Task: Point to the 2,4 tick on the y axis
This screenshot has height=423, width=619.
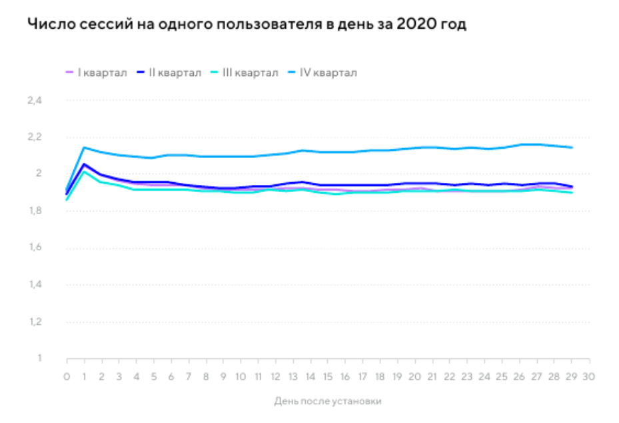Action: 34,101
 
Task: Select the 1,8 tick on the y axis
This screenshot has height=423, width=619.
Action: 34,211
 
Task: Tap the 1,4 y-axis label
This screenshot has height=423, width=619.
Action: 34,285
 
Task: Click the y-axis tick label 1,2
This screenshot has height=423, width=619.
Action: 34,322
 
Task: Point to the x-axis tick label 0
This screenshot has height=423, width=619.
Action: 67,377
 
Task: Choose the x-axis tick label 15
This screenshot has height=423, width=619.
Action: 327,377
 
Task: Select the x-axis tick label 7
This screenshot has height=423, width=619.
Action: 188,377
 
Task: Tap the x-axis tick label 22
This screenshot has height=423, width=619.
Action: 448,377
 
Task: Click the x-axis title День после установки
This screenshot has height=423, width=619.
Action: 328,402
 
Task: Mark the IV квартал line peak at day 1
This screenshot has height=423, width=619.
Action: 84,147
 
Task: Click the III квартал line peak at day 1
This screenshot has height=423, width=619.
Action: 84,171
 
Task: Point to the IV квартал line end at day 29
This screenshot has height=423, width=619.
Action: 572,147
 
